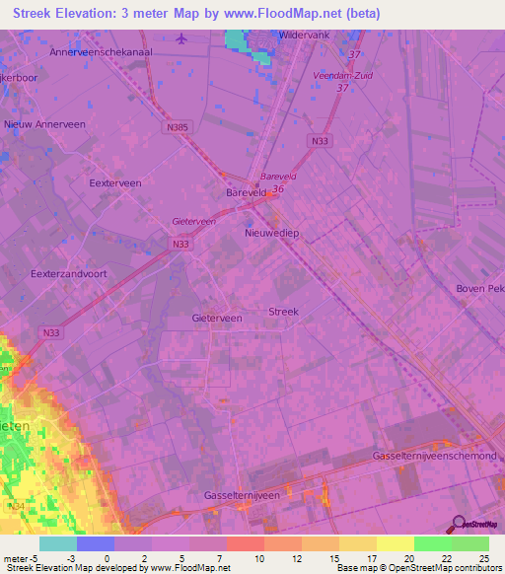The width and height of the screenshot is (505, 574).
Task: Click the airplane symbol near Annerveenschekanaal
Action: point(180,38)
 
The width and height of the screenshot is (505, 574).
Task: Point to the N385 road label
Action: point(178,126)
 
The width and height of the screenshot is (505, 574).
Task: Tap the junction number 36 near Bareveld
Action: point(278,188)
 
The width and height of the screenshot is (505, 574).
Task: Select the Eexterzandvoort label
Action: point(67,273)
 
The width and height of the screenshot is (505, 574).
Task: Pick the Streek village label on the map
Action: point(283,312)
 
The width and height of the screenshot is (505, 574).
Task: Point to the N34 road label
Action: point(14,506)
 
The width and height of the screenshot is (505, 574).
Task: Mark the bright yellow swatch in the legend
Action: point(395,543)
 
